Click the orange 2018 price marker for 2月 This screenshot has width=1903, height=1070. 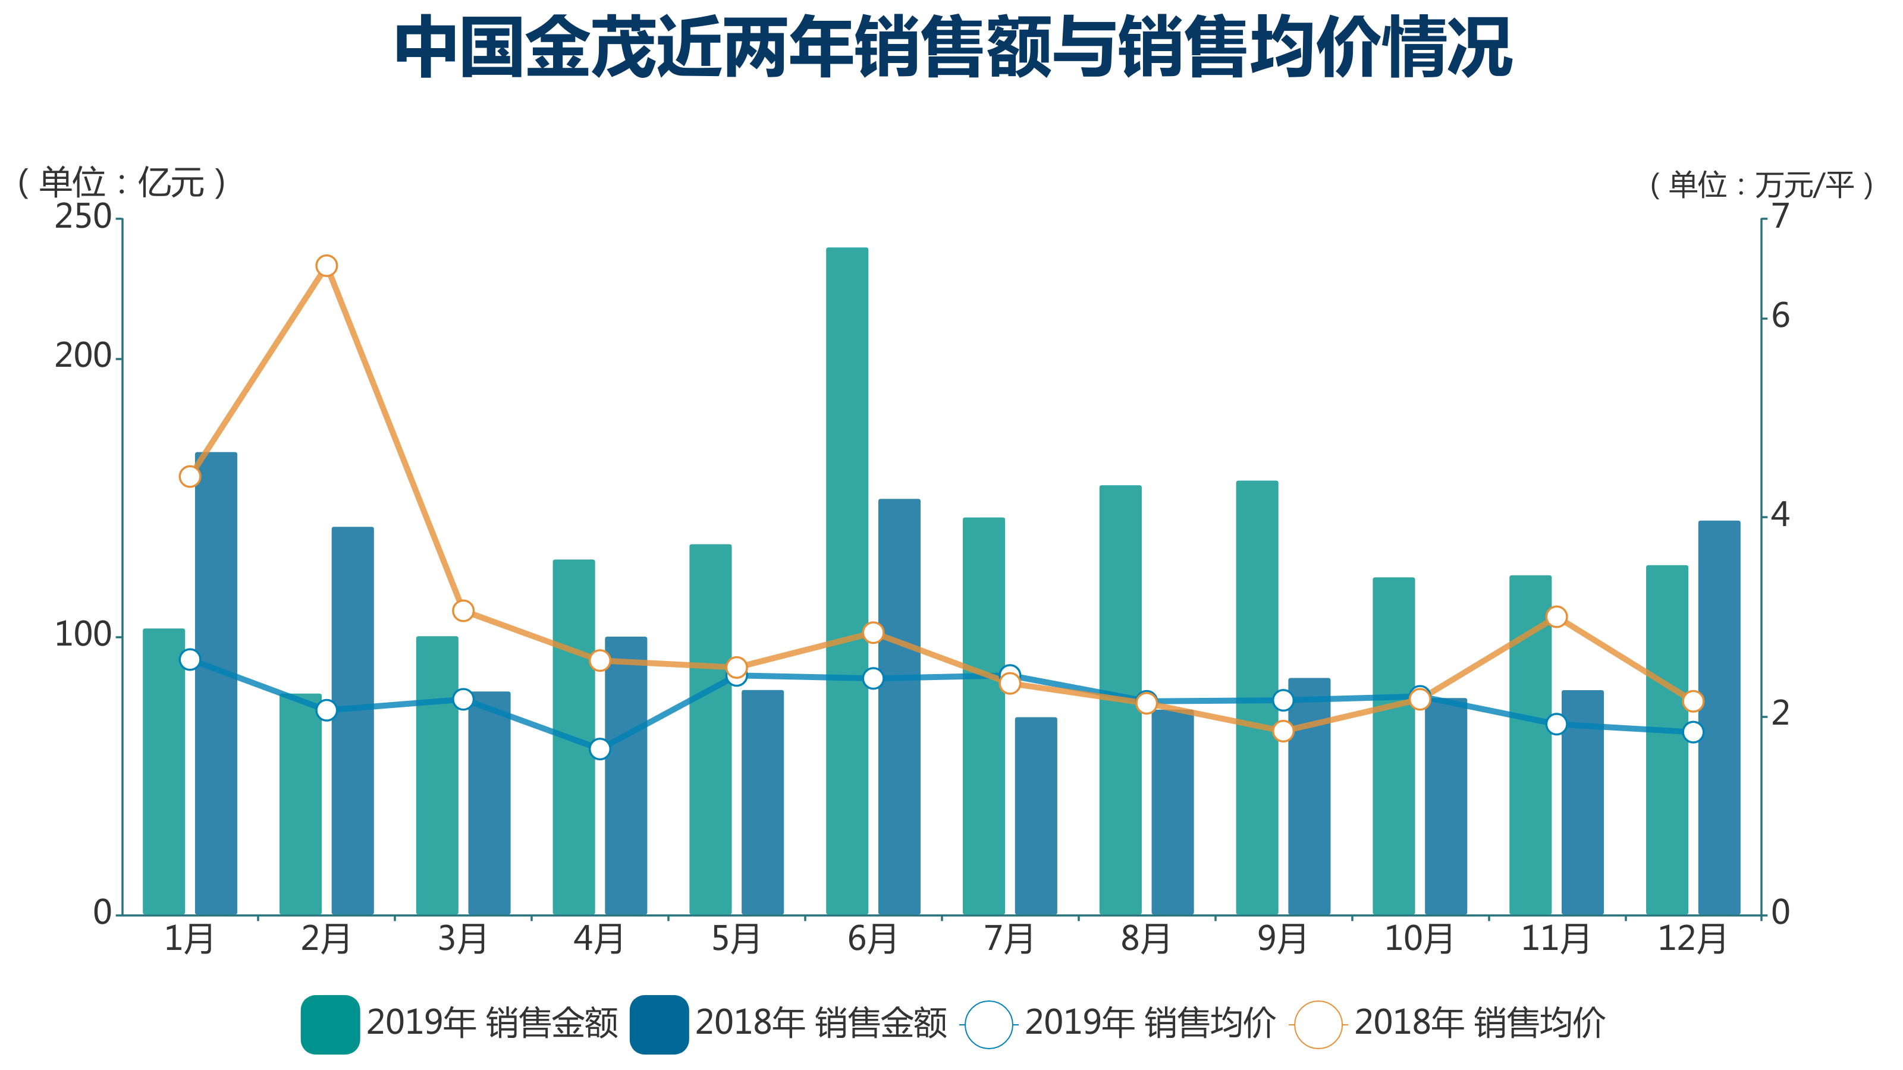326,266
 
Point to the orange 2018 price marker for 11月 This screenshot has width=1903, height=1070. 1556,616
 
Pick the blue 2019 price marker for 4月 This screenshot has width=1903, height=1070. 600,749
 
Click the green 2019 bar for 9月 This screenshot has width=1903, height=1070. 1257,697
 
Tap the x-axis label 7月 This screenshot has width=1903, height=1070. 1009,939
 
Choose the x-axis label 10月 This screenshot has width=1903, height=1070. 1418,939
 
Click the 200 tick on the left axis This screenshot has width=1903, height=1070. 83,357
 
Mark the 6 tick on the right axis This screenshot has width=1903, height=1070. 1781,316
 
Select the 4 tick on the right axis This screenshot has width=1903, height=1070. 1781,515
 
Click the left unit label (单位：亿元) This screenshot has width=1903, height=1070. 122,182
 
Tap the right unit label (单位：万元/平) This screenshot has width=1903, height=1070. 1761,185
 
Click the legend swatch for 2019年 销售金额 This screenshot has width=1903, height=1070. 330,1024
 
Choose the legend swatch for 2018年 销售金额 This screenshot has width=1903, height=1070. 659,1024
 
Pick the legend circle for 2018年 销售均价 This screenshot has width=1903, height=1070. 1318,1024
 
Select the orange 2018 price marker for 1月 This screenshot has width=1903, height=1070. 190,476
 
